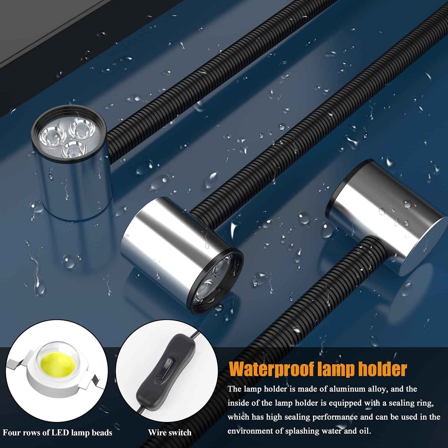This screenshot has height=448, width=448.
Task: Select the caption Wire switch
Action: (170, 432)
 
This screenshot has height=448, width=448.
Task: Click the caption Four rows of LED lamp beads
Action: (57, 432)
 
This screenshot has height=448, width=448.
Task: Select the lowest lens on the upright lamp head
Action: (74, 150)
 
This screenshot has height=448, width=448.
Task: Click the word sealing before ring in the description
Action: (401, 403)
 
